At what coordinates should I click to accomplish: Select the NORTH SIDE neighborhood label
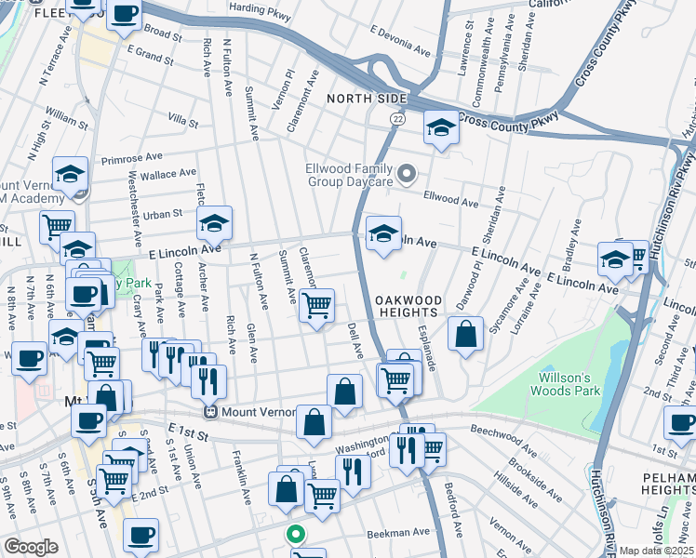[367, 99]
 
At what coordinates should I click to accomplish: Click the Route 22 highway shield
[397, 118]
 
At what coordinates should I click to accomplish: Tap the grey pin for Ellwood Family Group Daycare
[407, 174]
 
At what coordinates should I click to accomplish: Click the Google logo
[31, 547]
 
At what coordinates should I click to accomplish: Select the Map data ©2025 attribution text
[657, 551]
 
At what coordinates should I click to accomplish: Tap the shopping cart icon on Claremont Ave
[317, 304]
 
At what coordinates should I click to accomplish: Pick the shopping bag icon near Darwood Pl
[465, 333]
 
